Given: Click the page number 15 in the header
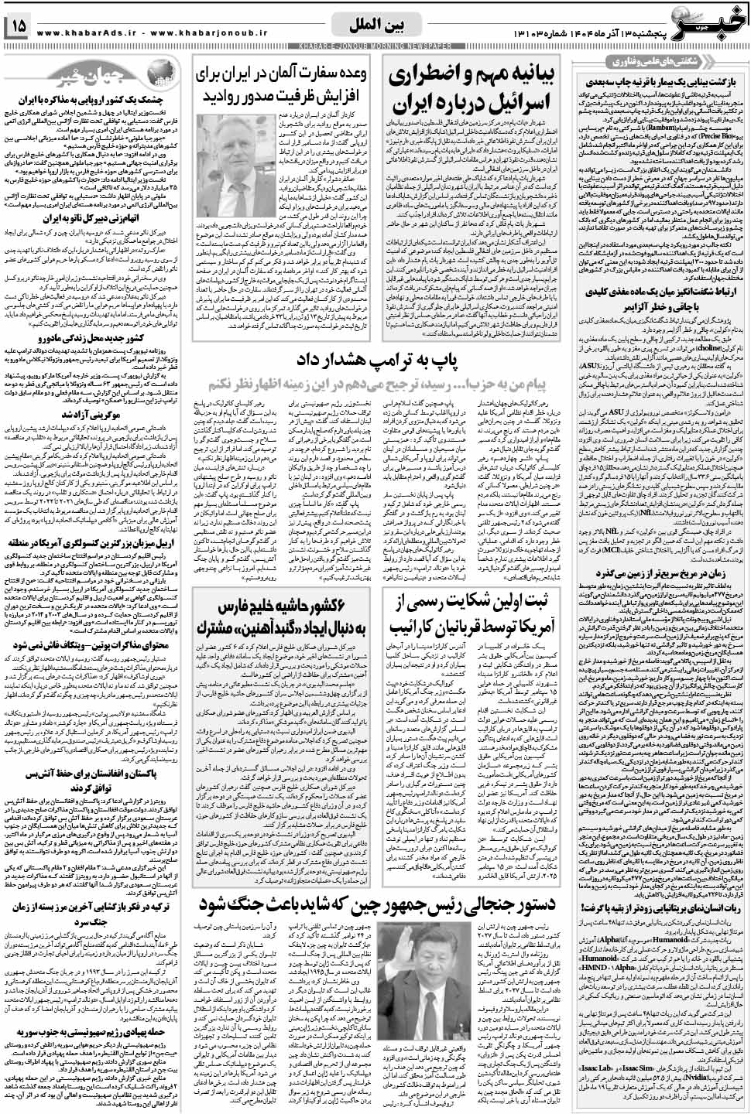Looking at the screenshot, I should pos(18,27).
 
